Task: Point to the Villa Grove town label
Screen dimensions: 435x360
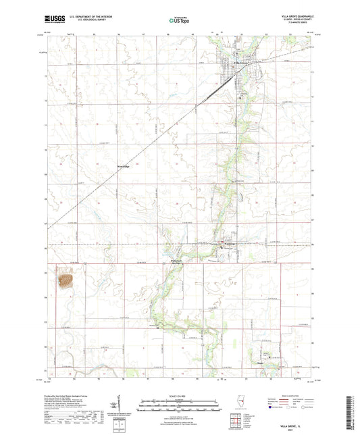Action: (241, 64)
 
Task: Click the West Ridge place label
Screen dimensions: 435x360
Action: (123, 165)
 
